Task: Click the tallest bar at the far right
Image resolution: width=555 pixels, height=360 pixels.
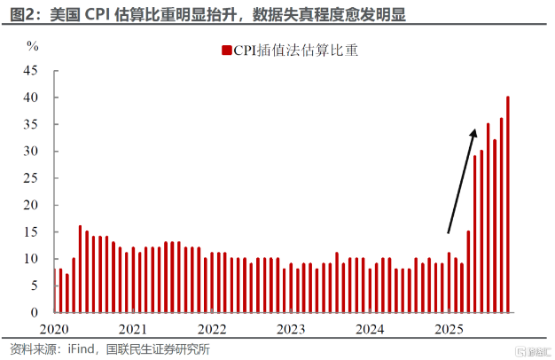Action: point(508,205)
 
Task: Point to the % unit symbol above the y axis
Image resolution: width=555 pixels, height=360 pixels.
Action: point(33,43)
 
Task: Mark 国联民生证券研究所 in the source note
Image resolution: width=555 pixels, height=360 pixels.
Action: point(160,348)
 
